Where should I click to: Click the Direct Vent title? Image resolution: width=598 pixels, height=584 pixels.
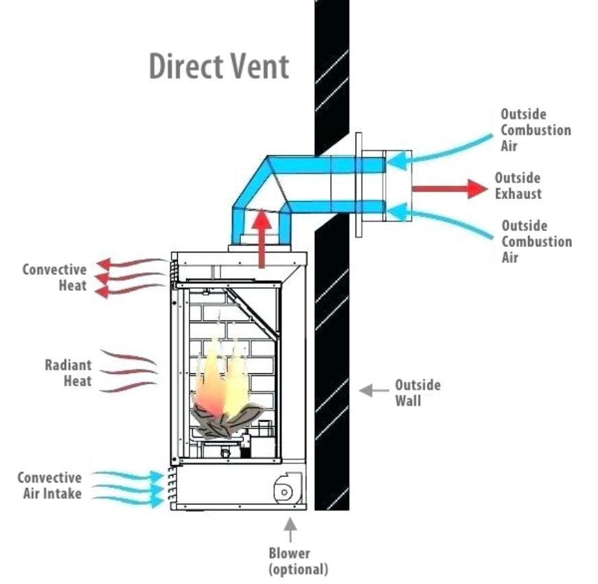click(x=219, y=67)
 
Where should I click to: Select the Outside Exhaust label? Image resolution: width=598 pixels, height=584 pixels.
click(x=518, y=186)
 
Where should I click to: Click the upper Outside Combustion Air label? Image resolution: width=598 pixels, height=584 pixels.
click(x=535, y=130)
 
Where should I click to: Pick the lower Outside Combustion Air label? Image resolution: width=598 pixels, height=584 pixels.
click(x=536, y=241)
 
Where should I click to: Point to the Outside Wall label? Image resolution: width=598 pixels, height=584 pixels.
click(x=417, y=392)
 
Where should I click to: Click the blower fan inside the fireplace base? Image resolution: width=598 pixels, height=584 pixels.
click(x=284, y=490)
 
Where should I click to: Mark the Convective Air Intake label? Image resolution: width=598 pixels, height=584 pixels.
click(x=49, y=485)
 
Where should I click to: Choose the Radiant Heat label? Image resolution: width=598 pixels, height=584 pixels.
click(x=68, y=373)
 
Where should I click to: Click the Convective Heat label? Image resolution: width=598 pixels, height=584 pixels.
click(x=54, y=277)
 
